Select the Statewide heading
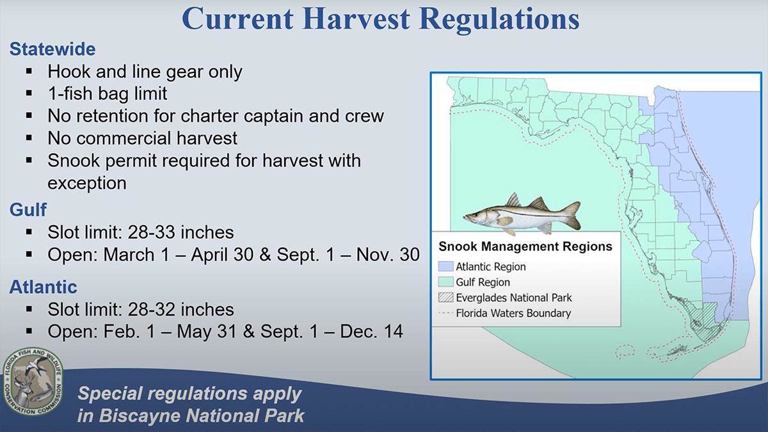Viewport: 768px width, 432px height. (52, 49)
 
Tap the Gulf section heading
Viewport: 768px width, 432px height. (28, 209)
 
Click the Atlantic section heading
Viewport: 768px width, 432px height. (44, 287)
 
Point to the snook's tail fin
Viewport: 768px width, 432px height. (571, 214)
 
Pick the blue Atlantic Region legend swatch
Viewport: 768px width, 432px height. (445, 266)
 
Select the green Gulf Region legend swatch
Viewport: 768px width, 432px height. (445, 282)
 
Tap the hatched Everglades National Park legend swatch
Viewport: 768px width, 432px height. (445, 297)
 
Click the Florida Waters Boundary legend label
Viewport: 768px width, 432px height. (513, 313)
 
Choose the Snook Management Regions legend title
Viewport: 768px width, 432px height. (525, 246)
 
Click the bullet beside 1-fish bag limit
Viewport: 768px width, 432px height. (29, 93)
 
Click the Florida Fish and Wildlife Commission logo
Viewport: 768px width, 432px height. (33, 382)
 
